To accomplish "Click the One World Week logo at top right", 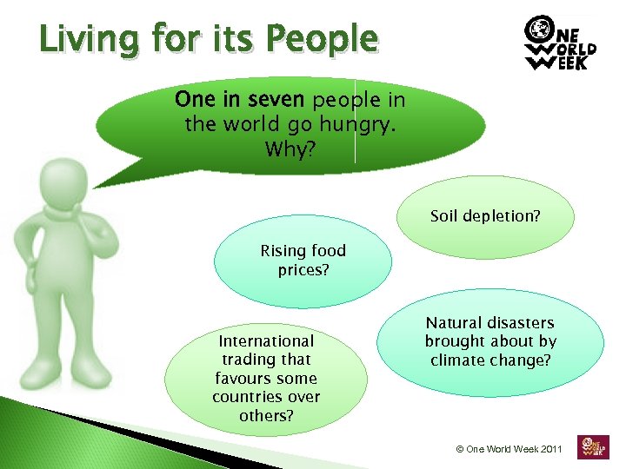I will [x=562, y=43].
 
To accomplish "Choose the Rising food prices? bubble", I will [x=303, y=261].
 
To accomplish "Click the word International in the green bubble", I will [x=266, y=341].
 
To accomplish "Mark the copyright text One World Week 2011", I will [x=509, y=449].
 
